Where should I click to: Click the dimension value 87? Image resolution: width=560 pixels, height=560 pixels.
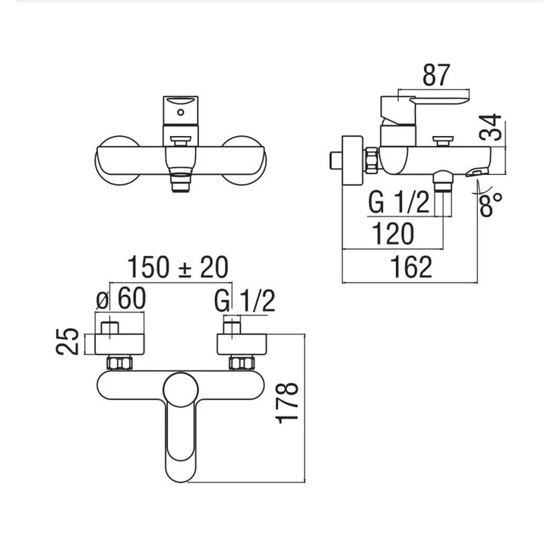[435, 74]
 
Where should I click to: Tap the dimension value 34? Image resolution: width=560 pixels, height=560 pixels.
[491, 127]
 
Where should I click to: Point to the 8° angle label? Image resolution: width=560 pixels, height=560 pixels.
[490, 204]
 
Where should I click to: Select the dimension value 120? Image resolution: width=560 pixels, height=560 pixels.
[393, 233]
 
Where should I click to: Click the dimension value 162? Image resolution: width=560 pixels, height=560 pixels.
[411, 267]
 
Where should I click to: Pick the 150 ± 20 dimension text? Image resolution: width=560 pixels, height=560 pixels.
[178, 267]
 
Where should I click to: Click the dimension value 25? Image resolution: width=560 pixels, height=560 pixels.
[68, 341]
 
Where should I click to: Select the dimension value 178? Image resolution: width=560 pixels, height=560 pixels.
[287, 403]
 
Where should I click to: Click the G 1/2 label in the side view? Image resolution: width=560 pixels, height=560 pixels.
[398, 202]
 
